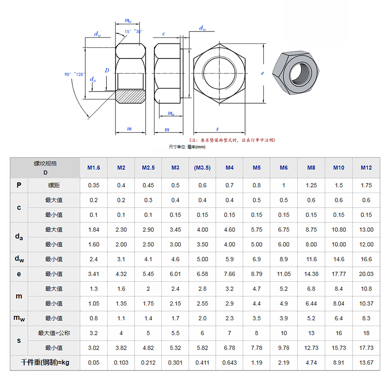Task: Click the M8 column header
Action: pyautogui.click(x=311, y=168)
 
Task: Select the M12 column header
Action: pyautogui.click(x=366, y=168)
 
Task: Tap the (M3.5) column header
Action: pyautogui.click(x=202, y=168)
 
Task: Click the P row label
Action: pyautogui.click(x=19, y=185)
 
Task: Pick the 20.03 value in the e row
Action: pyautogui.click(x=366, y=274)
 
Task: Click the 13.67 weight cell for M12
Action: pyautogui.click(x=366, y=363)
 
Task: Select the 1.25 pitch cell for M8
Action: pyautogui.click(x=311, y=185)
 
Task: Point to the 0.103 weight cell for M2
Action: pyautogui.click(x=121, y=363)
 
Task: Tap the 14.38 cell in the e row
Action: pyautogui.click(x=311, y=274)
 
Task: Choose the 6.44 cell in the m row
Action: pyautogui.click(x=311, y=303)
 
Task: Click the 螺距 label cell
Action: pyautogui.click(x=54, y=185)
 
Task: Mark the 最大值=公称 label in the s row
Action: pyautogui.click(x=54, y=333)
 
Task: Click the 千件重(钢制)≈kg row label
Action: pyautogui.click(x=45, y=363)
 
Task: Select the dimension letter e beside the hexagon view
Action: pyautogui.click(x=262, y=73)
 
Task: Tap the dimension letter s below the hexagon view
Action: pyautogui.click(x=217, y=129)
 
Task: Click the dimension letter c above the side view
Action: pyautogui.click(x=163, y=34)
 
